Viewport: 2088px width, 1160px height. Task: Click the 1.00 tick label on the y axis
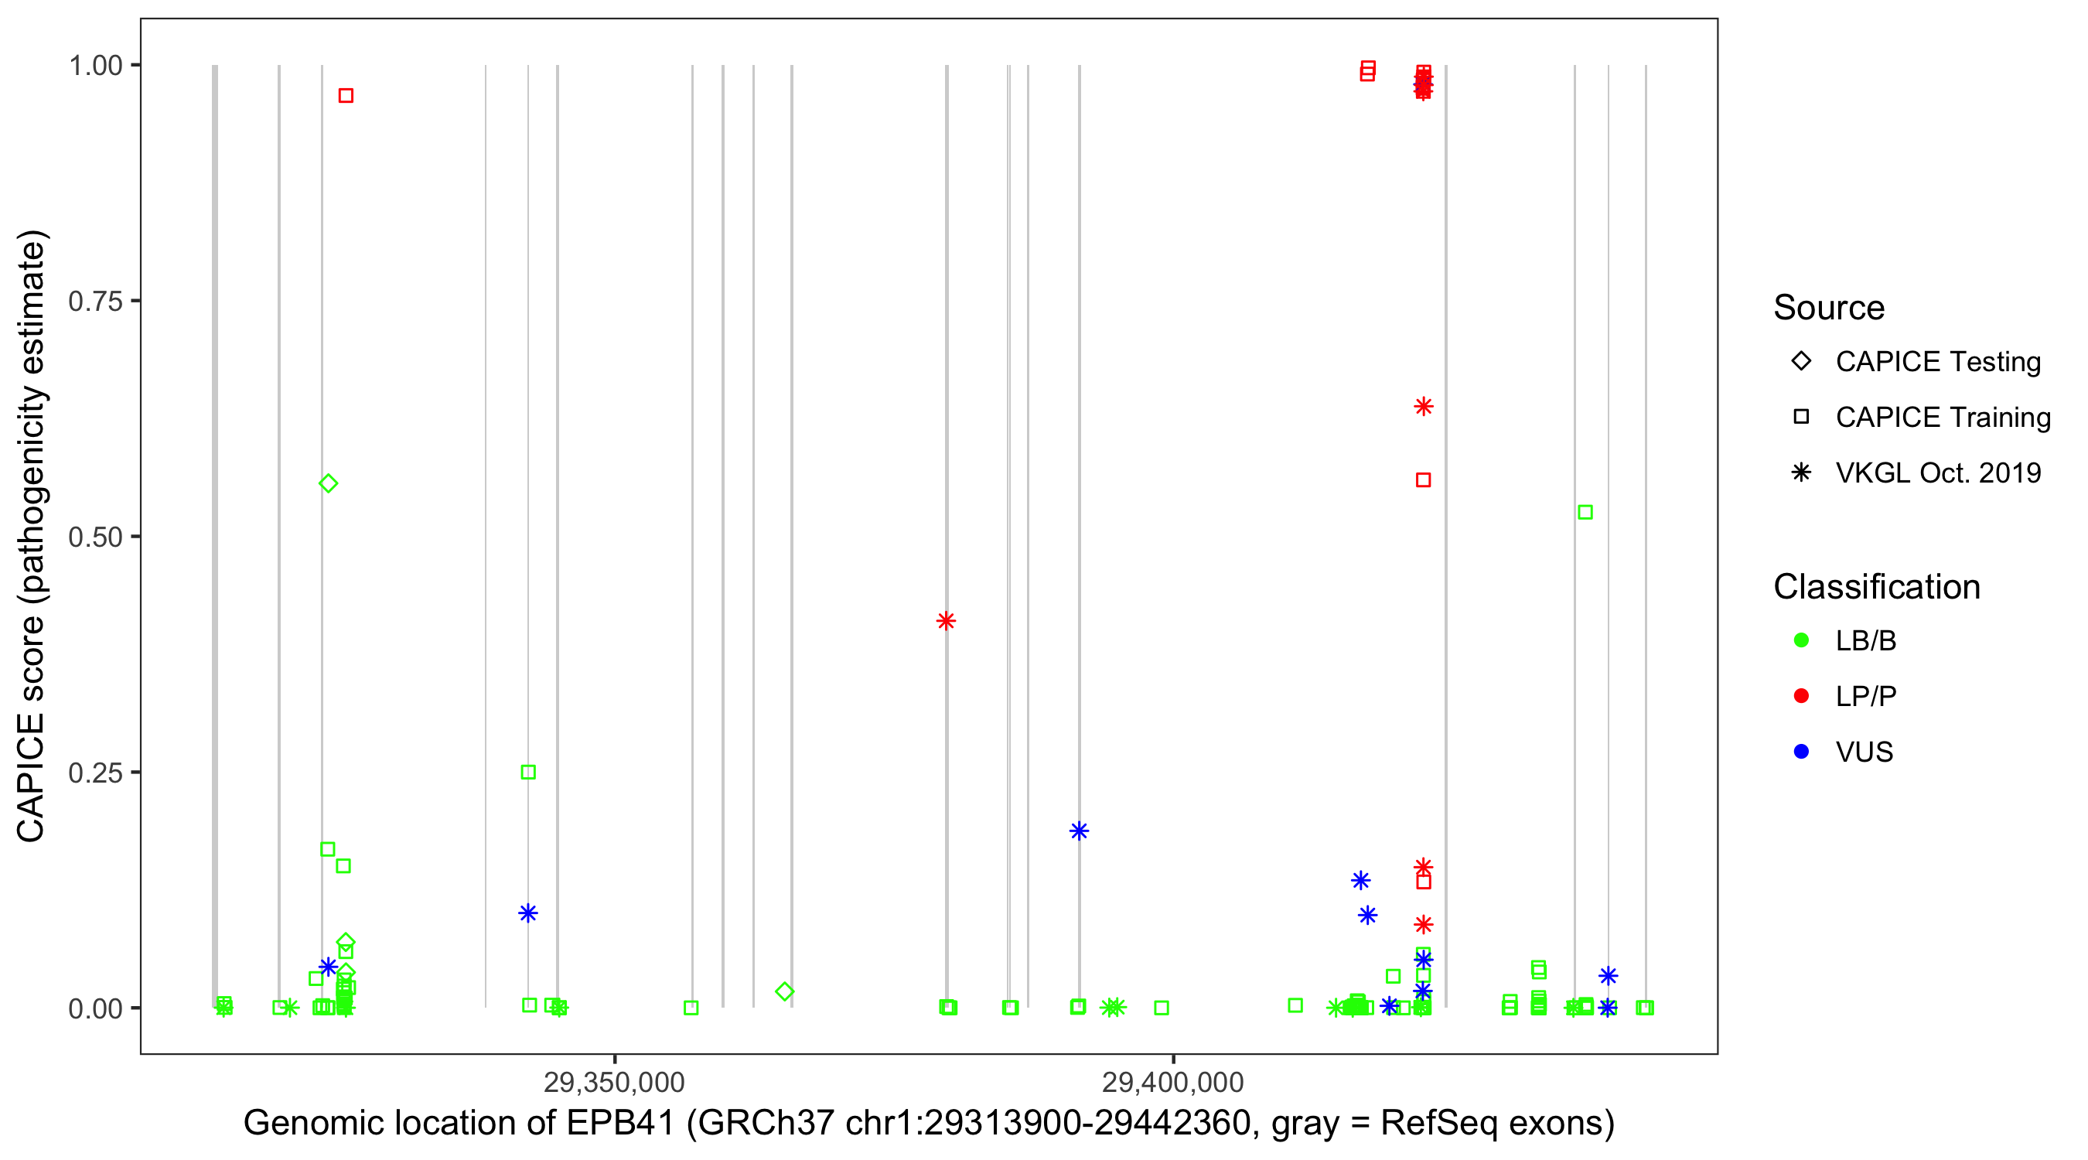click(x=95, y=66)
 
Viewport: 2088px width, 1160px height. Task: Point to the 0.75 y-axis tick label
click(x=95, y=302)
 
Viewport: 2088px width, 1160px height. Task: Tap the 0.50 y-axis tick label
click(x=95, y=537)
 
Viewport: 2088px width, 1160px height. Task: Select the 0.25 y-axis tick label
click(x=95, y=773)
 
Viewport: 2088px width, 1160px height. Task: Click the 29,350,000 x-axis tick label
click(x=614, y=1082)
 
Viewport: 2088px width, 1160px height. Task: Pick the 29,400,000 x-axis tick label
click(x=1173, y=1082)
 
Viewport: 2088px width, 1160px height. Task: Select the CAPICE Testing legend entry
click(x=1937, y=362)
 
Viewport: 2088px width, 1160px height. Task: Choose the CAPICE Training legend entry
click(x=1942, y=418)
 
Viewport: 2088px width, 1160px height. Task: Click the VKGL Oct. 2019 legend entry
click(x=1937, y=473)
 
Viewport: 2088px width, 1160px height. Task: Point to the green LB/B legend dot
click(x=1802, y=640)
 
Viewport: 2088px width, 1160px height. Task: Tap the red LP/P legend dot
click(x=1802, y=696)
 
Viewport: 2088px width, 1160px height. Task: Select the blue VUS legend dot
click(x=1802, y=752)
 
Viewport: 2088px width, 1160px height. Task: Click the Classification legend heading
click(x=1876, y=587)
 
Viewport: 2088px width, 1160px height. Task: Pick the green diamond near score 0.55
click(x=328, y=484)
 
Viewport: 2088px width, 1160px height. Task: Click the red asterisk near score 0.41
click(x=946, y=622)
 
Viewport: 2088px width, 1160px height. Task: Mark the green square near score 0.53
click(x=1585, y=512)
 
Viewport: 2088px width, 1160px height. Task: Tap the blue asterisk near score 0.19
click(x=1079, y=831)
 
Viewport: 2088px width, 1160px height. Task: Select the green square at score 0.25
click(x=528, y=773)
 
